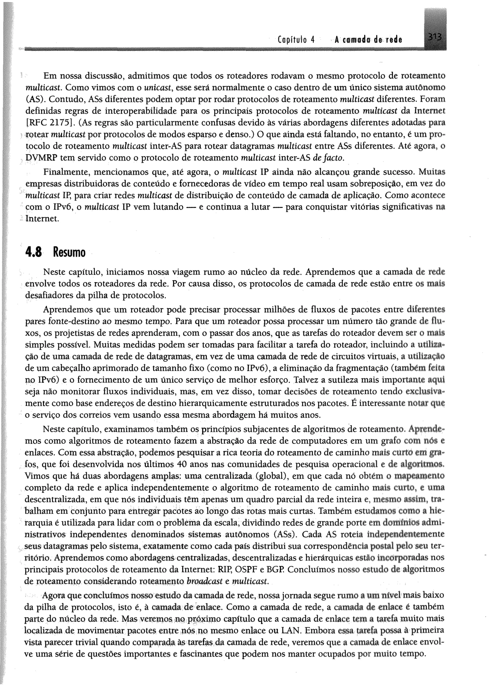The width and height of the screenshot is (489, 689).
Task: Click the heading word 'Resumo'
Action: point(69,253)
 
